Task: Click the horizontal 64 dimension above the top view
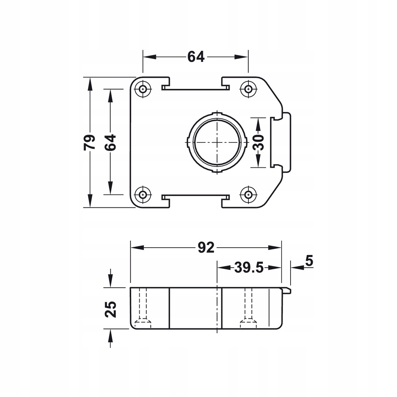coord(196,57)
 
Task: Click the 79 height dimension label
coord(89,142)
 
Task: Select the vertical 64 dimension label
coord(110,142)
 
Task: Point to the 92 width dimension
coord(206,247)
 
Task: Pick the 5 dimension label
coord(309,261)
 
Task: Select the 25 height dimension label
coord(111,309)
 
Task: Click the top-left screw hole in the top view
coord(143,89)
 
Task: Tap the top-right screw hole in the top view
coord(248,89)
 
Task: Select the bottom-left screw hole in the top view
coord(143,194)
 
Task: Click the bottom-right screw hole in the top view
coord(248,194)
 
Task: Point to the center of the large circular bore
coord(217,142)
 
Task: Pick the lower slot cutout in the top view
coord(196,197)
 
